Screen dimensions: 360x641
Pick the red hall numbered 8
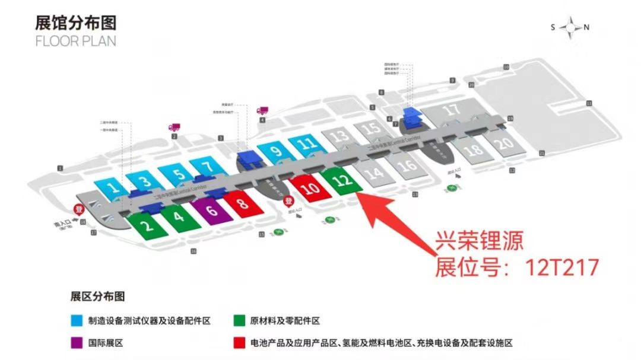243,204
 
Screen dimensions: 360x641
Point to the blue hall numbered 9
275,151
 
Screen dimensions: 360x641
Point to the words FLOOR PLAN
75,42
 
